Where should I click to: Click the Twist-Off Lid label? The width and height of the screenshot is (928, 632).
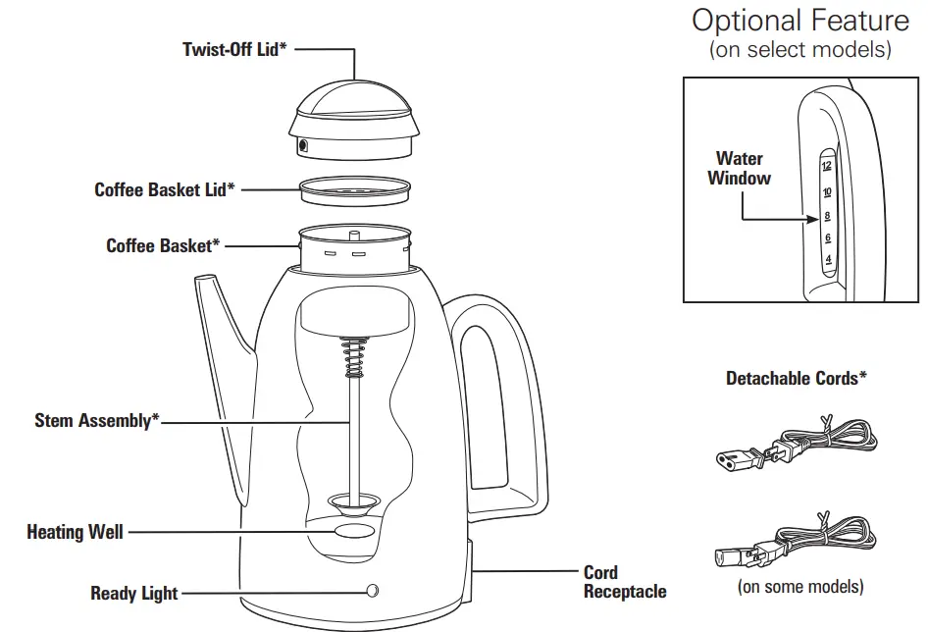tap(234, 49)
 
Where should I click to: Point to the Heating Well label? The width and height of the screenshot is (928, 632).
tap(75, 532)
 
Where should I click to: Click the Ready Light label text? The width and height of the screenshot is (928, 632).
tap(134, 593)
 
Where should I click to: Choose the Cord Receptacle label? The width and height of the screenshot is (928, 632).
tap(624, 582)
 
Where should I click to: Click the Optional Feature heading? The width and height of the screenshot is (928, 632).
tap(799, 20)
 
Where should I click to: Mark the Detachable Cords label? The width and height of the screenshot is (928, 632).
tap(796, 378)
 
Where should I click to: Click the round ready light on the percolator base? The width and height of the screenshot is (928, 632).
tap(372, 591)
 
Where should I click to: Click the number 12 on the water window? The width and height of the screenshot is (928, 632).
tap(827, 167)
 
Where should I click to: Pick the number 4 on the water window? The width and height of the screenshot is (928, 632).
tap(828, 260)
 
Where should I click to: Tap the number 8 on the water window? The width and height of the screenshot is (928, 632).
tap(827, 216)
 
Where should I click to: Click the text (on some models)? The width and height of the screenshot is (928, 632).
tap(799, 587)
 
